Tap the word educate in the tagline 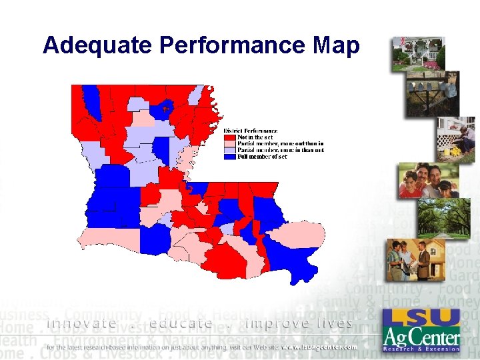coord(181,323)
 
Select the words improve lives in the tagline coord(299,323)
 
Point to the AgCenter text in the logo coord(421,337)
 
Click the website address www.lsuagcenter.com coord(319,347)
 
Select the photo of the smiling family coord(429,180)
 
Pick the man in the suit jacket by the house coord(422,259)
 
